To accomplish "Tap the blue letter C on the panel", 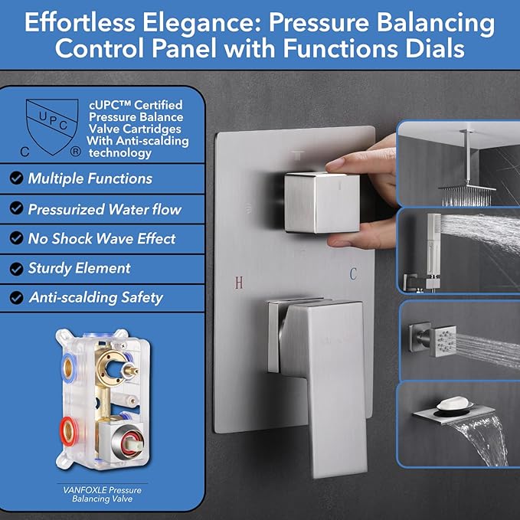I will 353,273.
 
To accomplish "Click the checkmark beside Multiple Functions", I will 16,178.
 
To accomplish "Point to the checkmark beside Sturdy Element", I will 16,268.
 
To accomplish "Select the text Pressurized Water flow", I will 104,208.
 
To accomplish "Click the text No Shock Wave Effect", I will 101,238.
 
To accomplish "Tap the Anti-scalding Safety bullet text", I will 96,298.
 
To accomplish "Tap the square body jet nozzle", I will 443,337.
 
